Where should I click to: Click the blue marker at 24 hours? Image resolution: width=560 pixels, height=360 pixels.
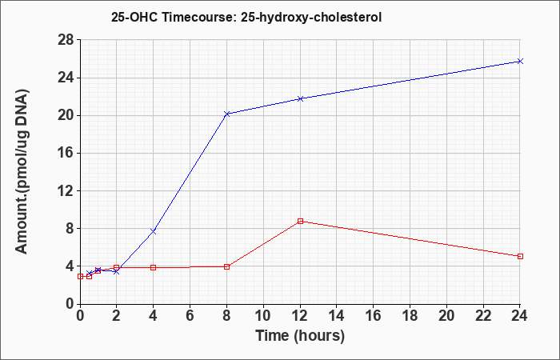click(x=520, y=61)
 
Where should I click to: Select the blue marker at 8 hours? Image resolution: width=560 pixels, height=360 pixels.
click(x=226, y=114)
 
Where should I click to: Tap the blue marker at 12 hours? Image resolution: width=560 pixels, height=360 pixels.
click(x=300, y=98)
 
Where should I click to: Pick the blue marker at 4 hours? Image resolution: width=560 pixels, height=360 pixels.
click(x=154, y=231)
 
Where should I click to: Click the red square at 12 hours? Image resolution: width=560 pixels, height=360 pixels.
click(x=300, y=221)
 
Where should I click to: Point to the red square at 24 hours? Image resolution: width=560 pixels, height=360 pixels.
click(x=520, y=257)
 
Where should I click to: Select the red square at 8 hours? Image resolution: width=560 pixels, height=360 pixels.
click(x=226, y=266)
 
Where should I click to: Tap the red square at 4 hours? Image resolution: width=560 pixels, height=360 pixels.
click(x=154, y=267)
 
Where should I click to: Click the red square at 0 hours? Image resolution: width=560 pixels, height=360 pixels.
click(x=80, y=277)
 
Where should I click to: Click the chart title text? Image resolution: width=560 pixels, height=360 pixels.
click(x=246, y=17)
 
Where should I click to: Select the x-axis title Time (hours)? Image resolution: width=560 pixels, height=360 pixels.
click(x=300, y=336)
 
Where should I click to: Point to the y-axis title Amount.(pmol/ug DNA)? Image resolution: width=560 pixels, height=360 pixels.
click(x=22, y=171)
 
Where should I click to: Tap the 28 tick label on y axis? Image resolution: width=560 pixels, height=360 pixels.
click(x=66, y=40)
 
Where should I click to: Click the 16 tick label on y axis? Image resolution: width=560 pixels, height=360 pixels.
click(x=66, y=154)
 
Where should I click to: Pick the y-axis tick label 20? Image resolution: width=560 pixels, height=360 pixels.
click(x=66, y=115)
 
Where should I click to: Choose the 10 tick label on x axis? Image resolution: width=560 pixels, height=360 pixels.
click(x=263, y=316)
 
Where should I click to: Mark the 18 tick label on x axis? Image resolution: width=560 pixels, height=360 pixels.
click(x=410, y=316)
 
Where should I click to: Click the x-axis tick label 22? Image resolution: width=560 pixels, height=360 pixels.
click(x=483, y=316)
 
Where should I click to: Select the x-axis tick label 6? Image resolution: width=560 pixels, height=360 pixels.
click(x=190, y=316)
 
